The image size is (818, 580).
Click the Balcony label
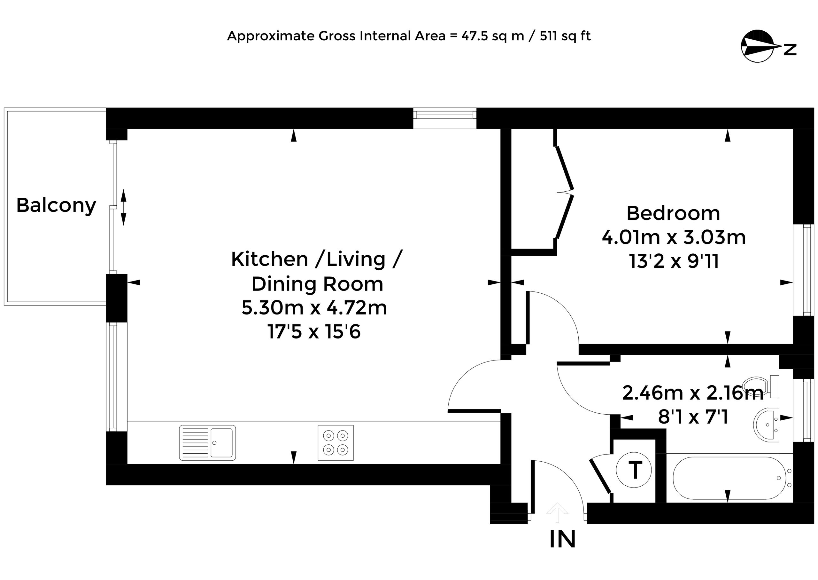click(x=56, y=206)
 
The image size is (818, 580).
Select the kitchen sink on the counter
click(x=207, y=442)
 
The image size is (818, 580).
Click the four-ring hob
click(x=336, y=442)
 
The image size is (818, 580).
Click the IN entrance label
click(x=563, y=539)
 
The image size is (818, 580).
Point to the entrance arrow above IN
click(x=557, y=513)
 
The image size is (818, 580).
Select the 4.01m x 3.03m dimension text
click(x=674, y=237)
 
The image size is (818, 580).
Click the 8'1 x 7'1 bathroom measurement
click(x=693, y=417)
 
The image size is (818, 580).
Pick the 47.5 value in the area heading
click(x=475, y=36)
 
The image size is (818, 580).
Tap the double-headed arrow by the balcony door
click(x=123, y=208)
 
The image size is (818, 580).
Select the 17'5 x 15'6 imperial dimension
click(x=314, y=332)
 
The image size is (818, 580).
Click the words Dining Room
click(x=318, y=284)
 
